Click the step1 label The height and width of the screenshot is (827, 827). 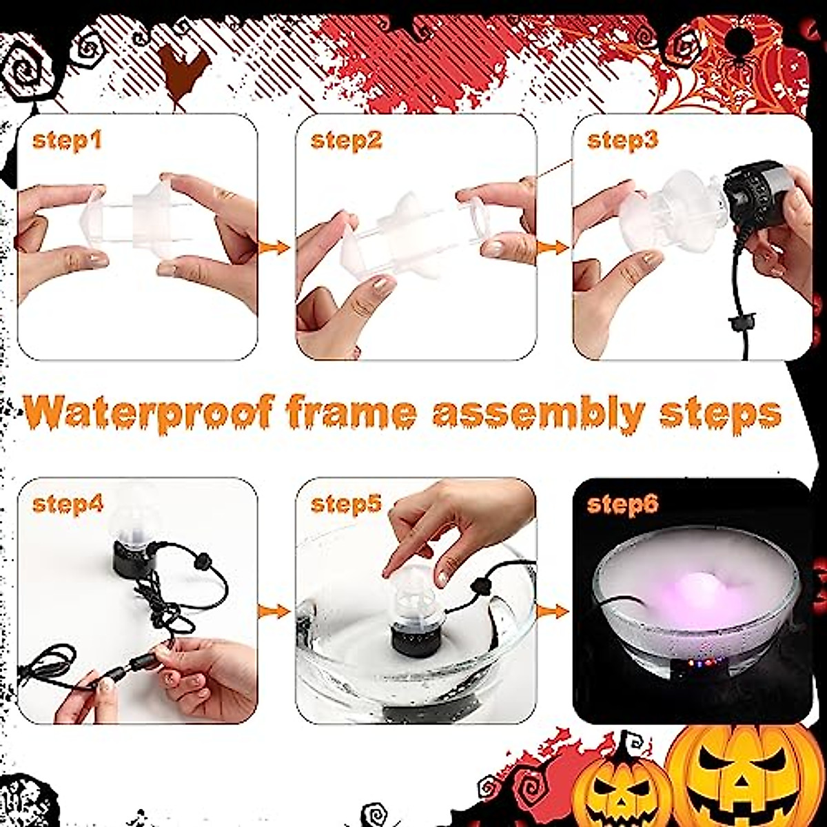coord(67,141)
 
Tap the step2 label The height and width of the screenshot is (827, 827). coord(346,141)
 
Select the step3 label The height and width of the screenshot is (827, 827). coord(622,141)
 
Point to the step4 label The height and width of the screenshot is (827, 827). coord(68,504)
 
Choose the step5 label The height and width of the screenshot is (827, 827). coord(346,504)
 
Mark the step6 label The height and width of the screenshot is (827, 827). coord(622,504)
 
